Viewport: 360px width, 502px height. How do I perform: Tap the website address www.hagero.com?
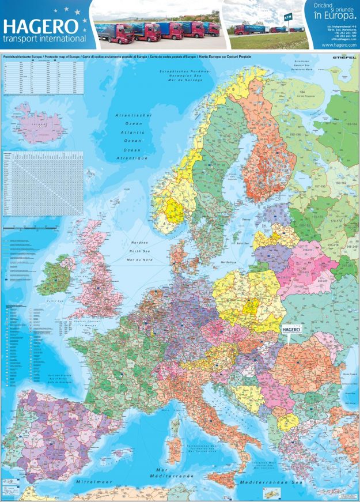point(338,44)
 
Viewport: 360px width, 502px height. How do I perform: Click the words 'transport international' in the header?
point(44,39)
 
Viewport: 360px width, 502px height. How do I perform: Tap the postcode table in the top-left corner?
point(43,78)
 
